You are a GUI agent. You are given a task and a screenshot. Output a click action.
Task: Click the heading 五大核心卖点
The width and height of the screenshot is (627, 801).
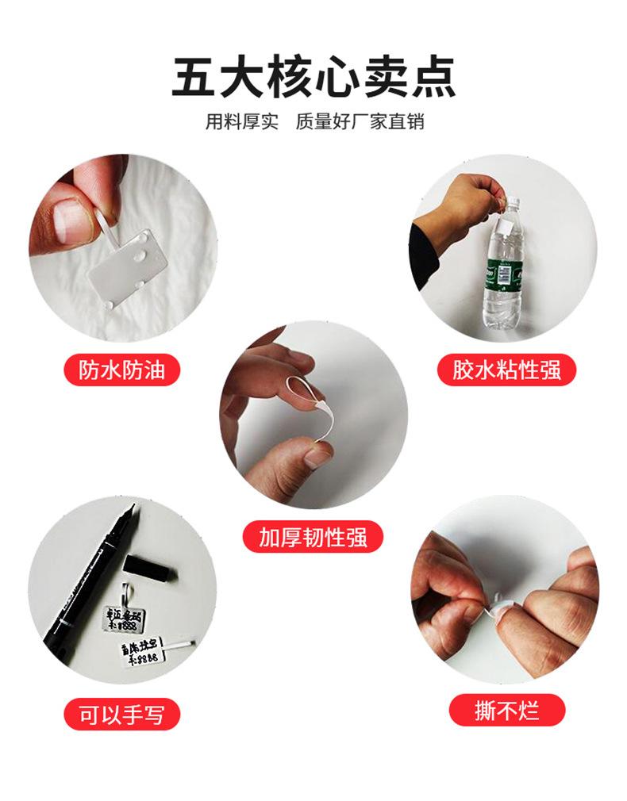pyautogui.click(x=313, y=78)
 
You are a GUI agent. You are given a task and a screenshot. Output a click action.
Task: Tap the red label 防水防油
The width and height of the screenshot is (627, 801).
pyautogui.click(x=121, y=370)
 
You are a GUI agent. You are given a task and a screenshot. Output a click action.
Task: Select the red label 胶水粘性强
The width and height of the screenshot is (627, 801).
pyautogui.click(x=506, y=370)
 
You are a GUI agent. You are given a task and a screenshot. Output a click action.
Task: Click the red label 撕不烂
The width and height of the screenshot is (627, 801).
pyautogui.click(x=506, y=711)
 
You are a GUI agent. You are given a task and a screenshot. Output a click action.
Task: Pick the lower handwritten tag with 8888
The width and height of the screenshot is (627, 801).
pyautogui.click(x=148, y=652)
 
